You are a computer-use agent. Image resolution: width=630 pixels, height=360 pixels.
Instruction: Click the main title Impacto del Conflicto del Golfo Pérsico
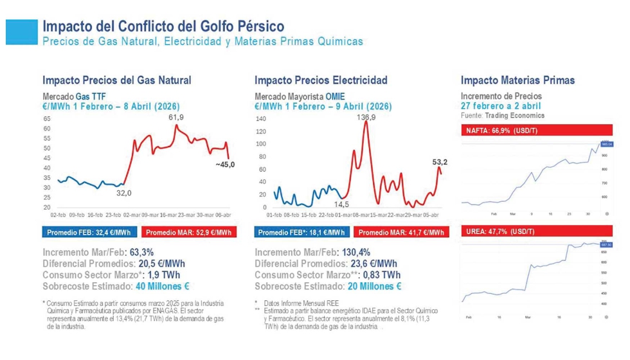pos(163,26)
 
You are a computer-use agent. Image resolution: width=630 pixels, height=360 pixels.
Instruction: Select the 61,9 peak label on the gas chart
pos(176,118)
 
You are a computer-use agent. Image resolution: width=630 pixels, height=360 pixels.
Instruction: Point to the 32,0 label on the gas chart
pos(123,193)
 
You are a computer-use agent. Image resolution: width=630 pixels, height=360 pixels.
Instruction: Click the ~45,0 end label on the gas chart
pos(225,165)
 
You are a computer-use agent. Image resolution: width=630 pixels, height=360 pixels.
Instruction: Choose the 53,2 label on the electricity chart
pos(440,162)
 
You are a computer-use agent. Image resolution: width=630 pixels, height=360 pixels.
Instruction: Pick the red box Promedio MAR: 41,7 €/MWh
pos(401,232)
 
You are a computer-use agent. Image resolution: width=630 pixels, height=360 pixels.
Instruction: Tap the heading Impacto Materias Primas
pos(517,80)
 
